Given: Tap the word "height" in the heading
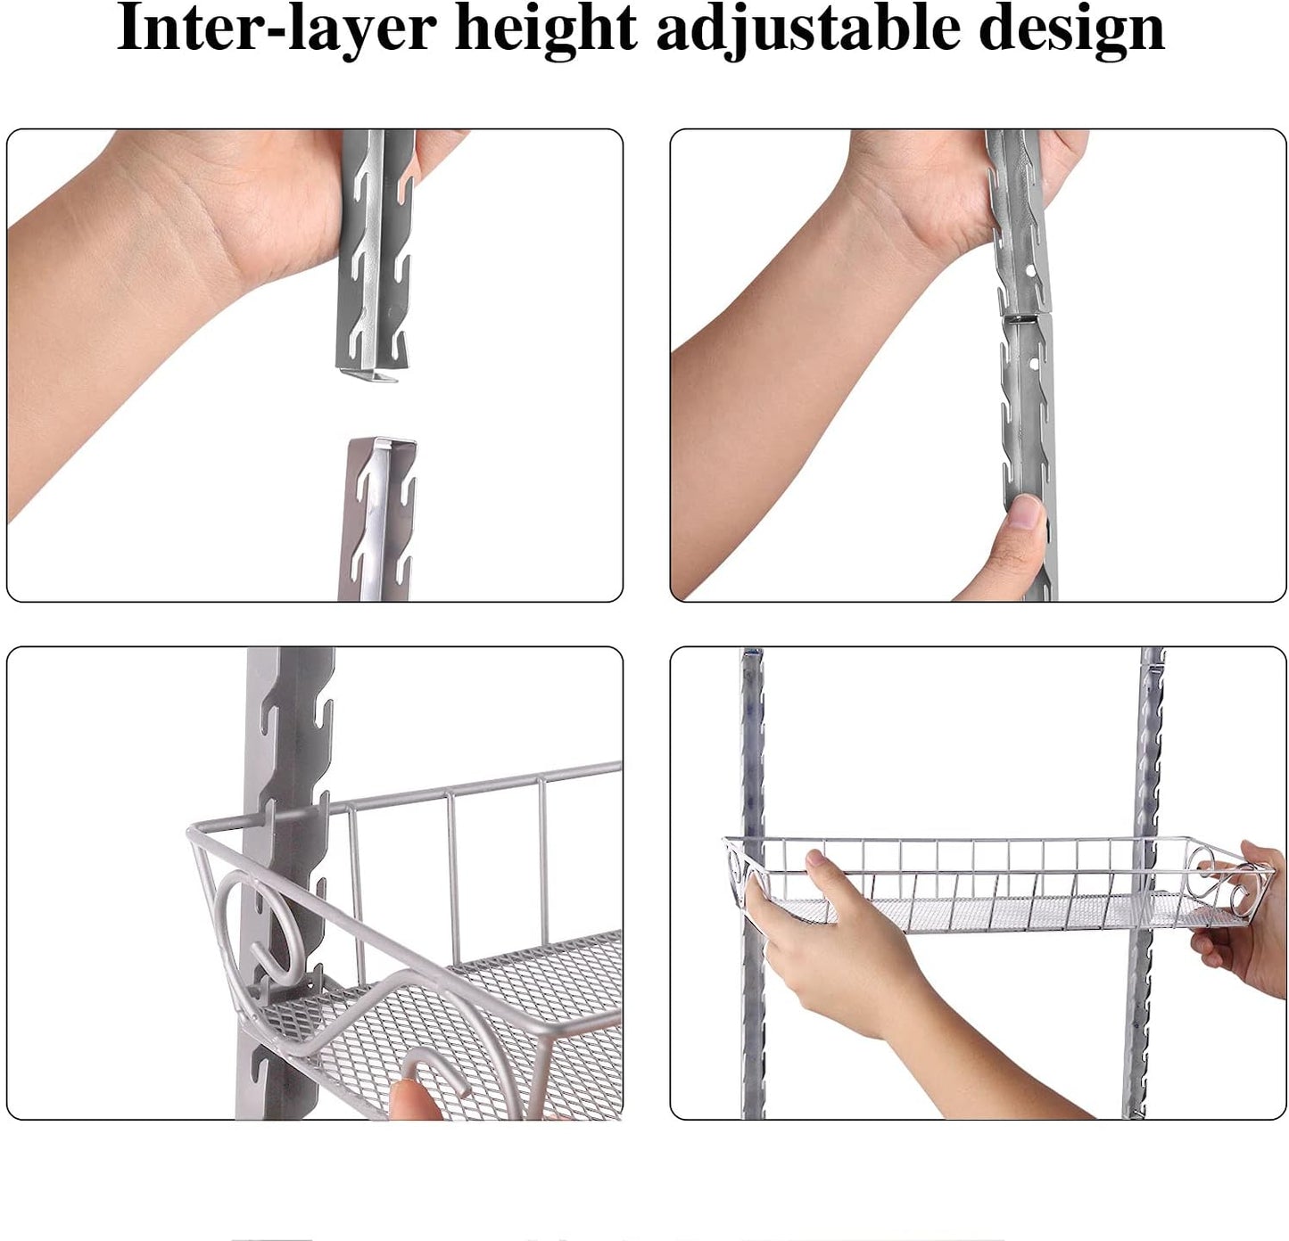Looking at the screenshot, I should point(546,29).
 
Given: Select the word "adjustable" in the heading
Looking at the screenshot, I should point(807,29).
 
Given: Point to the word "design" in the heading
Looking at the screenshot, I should point(1071,29).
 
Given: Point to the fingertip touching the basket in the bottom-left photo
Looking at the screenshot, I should point(412,1100).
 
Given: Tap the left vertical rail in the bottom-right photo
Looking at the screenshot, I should point(753,758).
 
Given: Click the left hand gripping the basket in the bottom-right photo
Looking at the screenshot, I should point(830,945).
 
